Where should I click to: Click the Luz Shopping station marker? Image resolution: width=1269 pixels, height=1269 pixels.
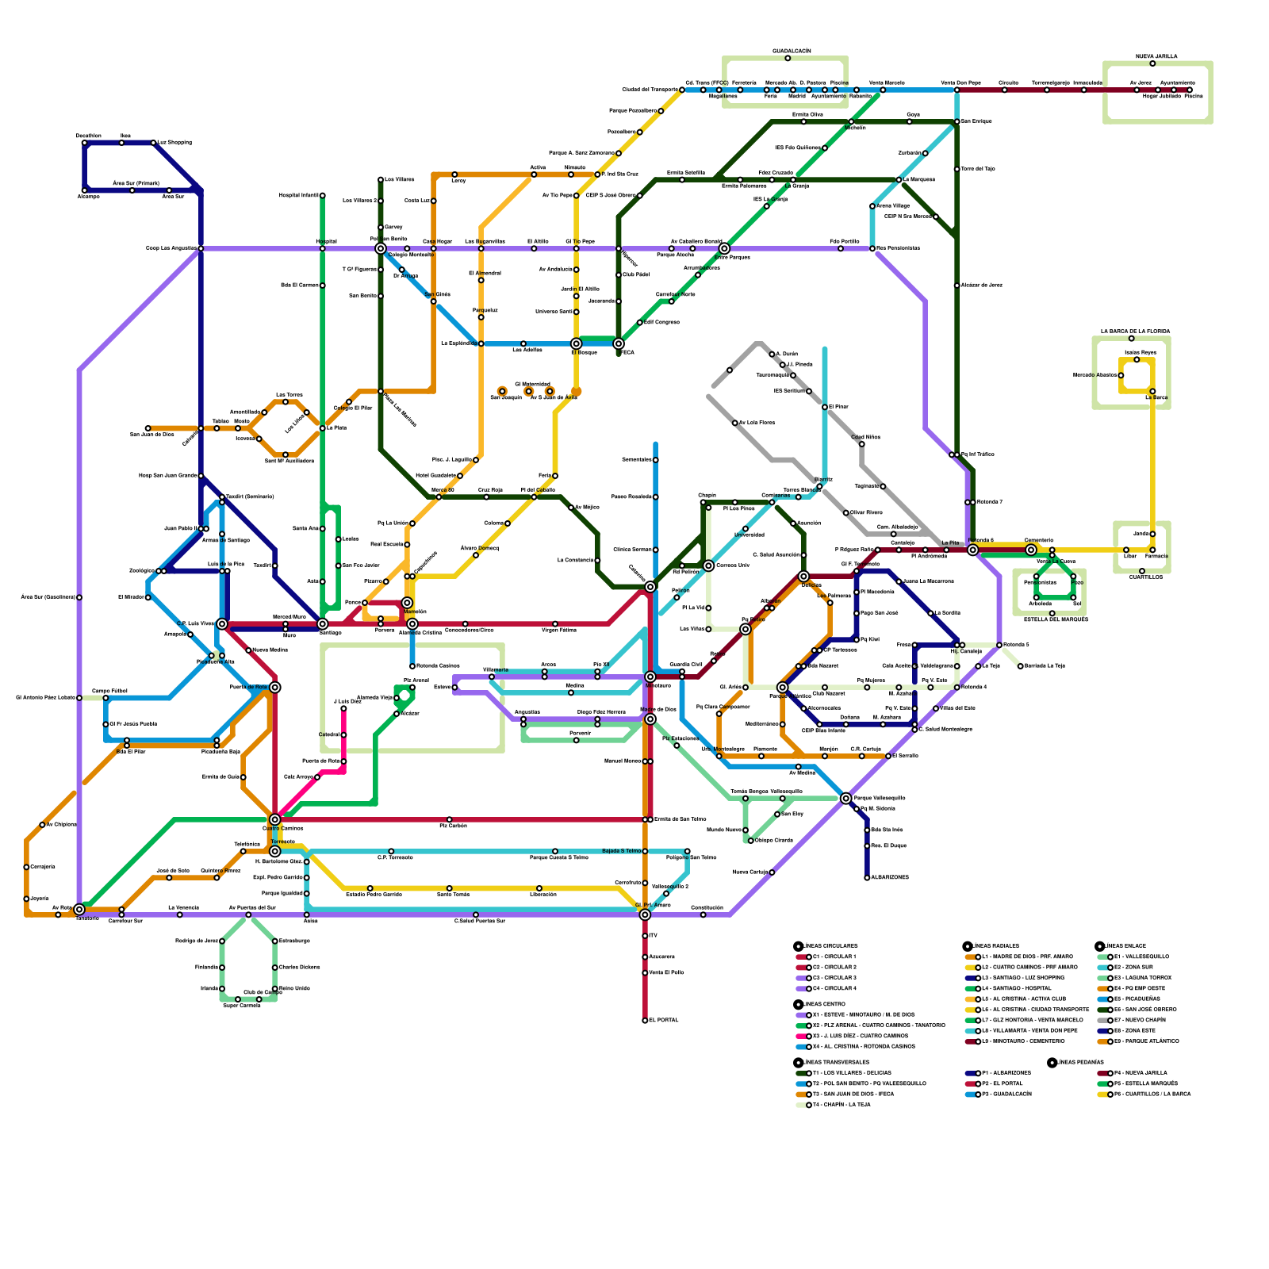[154, 143]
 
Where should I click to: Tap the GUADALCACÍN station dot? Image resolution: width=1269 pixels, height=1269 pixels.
[788, 58]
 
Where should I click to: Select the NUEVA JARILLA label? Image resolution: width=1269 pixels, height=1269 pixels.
[1156, 56]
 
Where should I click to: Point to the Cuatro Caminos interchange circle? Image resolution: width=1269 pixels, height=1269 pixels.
[274, 819]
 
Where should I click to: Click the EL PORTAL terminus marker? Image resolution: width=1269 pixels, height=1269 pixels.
[645, 1020]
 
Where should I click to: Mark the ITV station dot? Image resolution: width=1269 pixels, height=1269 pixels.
[645, 936]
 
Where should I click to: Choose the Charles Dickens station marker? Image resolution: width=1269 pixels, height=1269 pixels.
[275, 968]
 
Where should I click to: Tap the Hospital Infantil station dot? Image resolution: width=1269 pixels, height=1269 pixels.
[322, 195]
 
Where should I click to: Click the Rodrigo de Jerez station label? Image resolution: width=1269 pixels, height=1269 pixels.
[196, 941]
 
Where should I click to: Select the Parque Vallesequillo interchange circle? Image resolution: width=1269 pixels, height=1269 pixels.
[845, 798]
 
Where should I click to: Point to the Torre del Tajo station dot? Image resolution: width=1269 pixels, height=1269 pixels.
[957, 169]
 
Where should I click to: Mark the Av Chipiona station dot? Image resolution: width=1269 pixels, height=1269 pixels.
[42, 825]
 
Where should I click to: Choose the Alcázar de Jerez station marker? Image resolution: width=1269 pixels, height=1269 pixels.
[957, 285]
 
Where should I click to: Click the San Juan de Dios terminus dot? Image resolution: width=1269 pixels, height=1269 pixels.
[148, 428]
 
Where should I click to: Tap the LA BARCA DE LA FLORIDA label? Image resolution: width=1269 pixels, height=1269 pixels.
[1135, 331]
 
